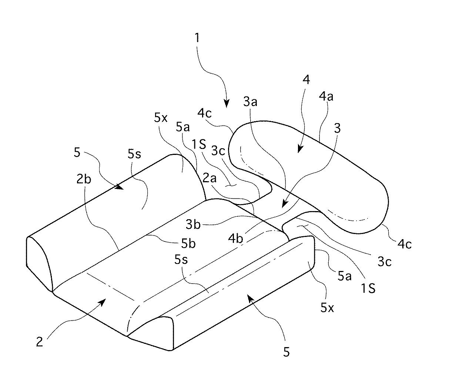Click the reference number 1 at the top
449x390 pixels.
click(x=197, y=37)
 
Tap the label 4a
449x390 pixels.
click(x=326, y=96)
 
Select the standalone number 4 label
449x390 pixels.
click(x=306, y=79)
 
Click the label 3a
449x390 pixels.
click(x=250, y=102)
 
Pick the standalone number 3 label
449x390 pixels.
click(x=337, y=128)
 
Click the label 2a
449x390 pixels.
click(x=210, y=179)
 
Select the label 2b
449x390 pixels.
click(x=84, y=179)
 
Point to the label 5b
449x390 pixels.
click(x=188, y=243)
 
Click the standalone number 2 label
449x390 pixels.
click(x=39, y=342)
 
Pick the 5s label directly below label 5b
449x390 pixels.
click(x=181, y=260)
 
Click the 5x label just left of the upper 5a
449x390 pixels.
click(x=161, y=118)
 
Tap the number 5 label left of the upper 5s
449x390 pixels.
click(x=77, y=152)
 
